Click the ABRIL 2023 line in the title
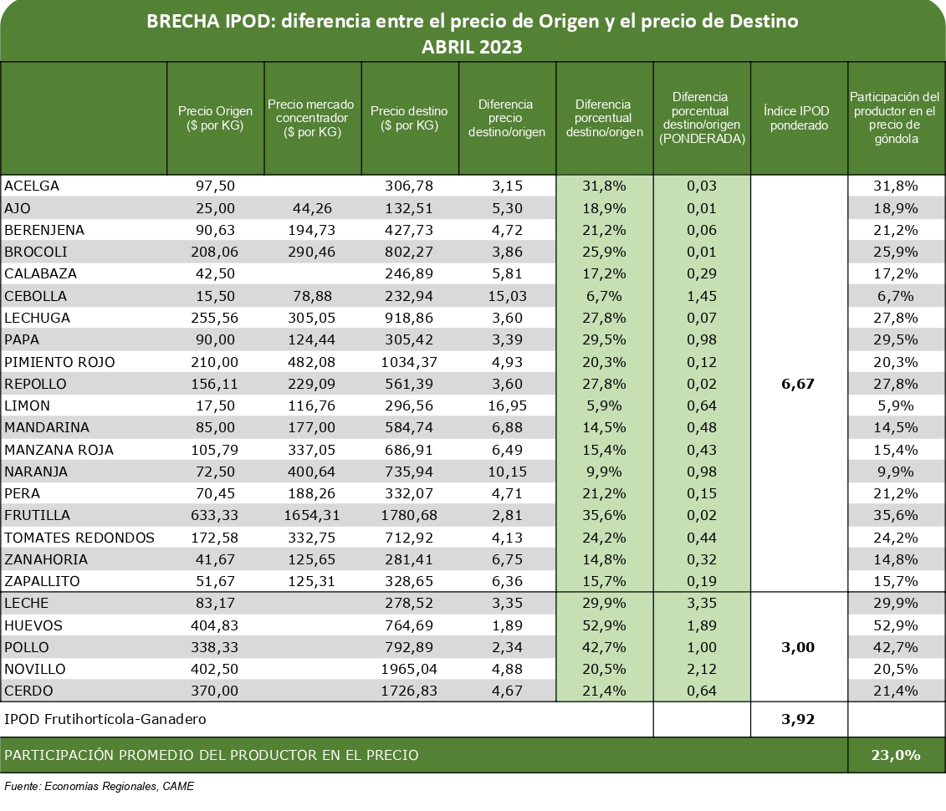pyautogui.click(x=472, y=47)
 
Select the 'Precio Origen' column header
pyautogui.click(x=216, y=118)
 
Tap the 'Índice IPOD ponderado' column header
pyautogui.click(x=799, y=118)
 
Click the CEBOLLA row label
pyautogui.click(x=36, y=296)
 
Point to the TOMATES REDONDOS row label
pyautogui.click(x=79, y=538)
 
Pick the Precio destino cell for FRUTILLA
pyautogui.click(x=409, y=516)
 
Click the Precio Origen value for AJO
pyautogui.click(x=216, y=208)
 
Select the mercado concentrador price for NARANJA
pyautogui.click(x=311, y=472)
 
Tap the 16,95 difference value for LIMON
pyautogui.click(x=507, y=405)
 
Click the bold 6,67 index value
pyautogui.click(x=798, y=384)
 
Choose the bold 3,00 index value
pyautogui.click(x=798, y=648)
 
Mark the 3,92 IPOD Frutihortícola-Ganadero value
pyautogui.click(x=798, y=719)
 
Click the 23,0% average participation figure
pyautogui.click(x=896, y=755)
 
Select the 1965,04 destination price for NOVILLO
pyautogui.click(x=409, y=670)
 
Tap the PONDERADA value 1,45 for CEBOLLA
pyautogui.click(x=702, y=296)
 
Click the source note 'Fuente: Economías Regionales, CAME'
pyautogui.click(x=100, y=786)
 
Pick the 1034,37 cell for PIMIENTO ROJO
pyautogui.click(x=409, y=362)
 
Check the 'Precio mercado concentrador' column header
pyautogui.click(x=311, y=118)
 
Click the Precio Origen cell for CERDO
pyautogui.click(x=215, y=691)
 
